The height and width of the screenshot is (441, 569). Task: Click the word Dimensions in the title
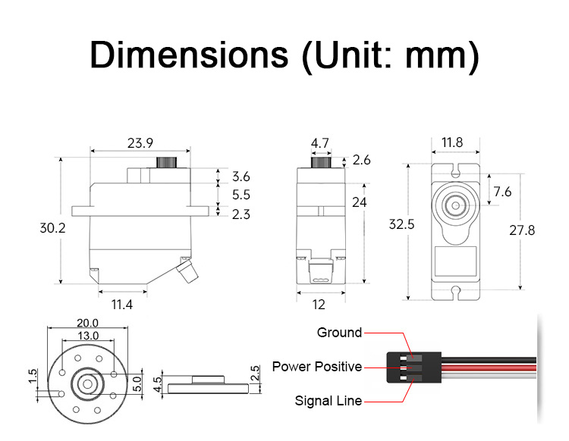(x=189, y=56)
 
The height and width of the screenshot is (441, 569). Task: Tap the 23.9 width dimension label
(x=140, y=142)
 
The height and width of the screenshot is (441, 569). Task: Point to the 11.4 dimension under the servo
(x=123, y=305)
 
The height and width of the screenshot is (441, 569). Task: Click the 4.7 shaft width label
(x=319, y=142)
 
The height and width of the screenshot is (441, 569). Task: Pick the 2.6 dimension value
(x=362, y=160)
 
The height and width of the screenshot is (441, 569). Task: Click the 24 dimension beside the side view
(x=359, y=202)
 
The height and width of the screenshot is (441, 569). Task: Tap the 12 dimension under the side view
(x=319, y=305)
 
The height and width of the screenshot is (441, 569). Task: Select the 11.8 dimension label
(x=452, y=142)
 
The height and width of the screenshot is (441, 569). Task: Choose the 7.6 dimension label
(x=502, y=192)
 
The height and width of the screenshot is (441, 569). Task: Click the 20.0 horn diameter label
(x=87, y=323)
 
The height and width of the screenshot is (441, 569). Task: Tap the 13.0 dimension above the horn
(x=87, y=336)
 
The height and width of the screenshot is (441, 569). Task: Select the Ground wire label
(x=339, y=333)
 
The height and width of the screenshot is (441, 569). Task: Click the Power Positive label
(x=317, y=367)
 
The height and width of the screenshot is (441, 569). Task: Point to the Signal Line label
(x=328, y=401)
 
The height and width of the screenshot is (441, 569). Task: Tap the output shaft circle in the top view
(x=456, y=205)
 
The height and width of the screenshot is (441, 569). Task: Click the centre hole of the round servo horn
(x=86, y=383)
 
